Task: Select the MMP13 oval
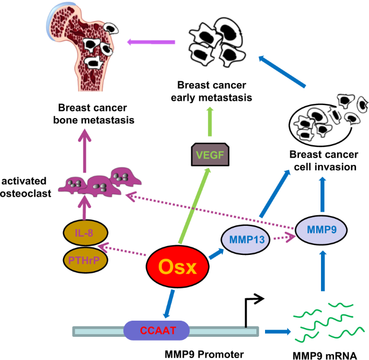pos(243,238)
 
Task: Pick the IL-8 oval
pos(86,233)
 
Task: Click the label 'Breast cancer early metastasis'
pos(212,92)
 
